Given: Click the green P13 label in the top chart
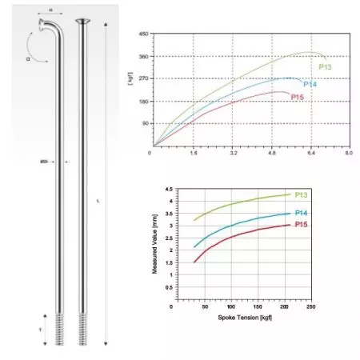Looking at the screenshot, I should (x=326, y=67).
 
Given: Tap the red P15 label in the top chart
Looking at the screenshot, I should (x=298, y=97).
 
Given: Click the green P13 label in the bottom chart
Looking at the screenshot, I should (x=302, y=194).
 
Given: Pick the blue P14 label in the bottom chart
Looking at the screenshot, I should (x=302, y=212).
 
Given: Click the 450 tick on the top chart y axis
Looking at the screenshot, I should (x=143, y=34).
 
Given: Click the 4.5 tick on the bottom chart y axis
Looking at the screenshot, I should (x=169, y=190).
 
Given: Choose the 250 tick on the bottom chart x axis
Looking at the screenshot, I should (x=310, y=307).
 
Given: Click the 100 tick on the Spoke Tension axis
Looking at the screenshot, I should (x=230, y=307).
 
